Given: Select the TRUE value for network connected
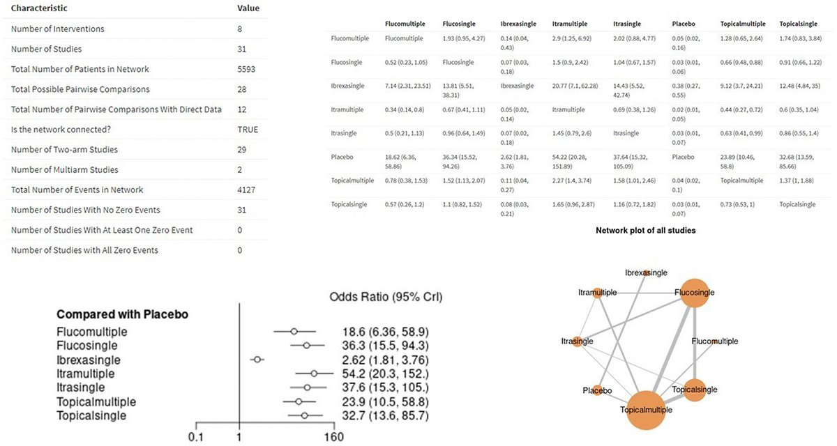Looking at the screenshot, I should click(248, 130).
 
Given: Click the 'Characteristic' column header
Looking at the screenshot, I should click(39, 8).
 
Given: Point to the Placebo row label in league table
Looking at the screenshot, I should click(342, 157).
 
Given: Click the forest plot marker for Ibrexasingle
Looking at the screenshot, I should click(257, 360).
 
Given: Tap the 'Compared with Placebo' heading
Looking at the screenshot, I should click(121, 314).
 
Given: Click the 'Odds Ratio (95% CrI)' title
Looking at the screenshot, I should click(386, 297).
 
